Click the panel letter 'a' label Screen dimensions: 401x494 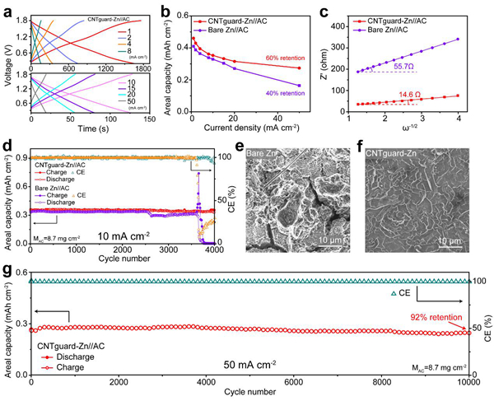(x=7, y=7)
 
